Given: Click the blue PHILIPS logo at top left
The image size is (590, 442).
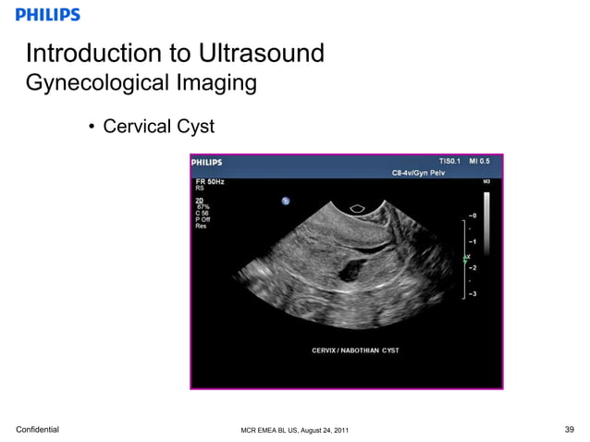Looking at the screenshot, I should [x=48, y=15].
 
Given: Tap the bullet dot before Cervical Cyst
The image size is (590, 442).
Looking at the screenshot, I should [x=92, y=126].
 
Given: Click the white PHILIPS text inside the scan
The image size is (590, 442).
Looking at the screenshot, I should [x=206, y=162].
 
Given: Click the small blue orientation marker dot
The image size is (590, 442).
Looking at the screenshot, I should [x=286, y=201].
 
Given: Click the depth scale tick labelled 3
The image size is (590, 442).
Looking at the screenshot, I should [x=473, y=294].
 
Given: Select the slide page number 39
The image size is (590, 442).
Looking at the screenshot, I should [x=569, y=429].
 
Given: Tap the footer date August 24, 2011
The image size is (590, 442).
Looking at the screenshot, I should [x=324, y=430].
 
